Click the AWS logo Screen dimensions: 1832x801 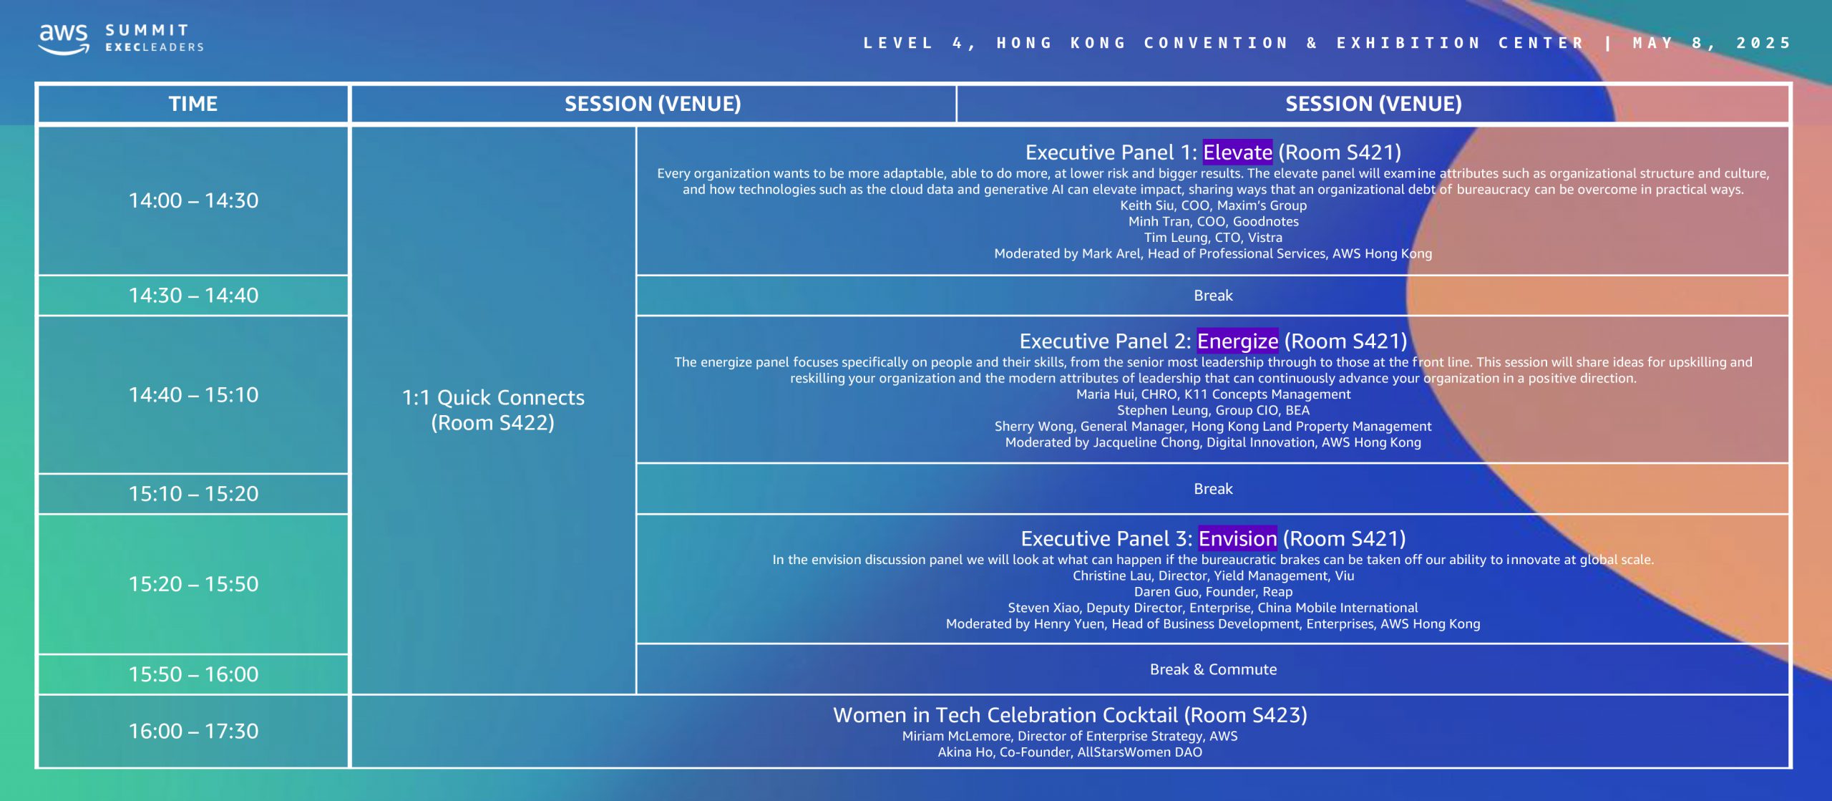pyautogui.click(x=64, y=39)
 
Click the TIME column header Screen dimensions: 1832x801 pyautogui.click(x=193, y=104)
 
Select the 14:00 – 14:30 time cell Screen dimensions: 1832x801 pyautogui.click(x=193, y=200)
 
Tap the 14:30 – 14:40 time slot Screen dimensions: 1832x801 pyautogui.click(x=193, y=296)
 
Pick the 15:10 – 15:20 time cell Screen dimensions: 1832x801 pyautogui.click(x=193, y=494)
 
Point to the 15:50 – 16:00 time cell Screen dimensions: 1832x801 pyautogui.click(x=193, y=674)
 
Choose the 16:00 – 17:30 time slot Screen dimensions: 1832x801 pyautogui.click(x=193, y=731)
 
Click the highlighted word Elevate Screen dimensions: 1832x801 pyautogui.click(x=1237, y=152)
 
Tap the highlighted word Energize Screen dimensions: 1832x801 pyautogui.click(x=1237, y=341)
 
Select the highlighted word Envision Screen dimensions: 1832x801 pyautogui.click(x=1237, y=538)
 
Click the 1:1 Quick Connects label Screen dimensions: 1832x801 pyautogui.click(x=493, y=397)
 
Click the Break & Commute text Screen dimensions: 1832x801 pyautogui.click(x=1213, y=669)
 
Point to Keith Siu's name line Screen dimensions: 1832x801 pyautogui.click(x=1213, y=205)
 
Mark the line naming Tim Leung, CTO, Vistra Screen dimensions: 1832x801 pyautogui.click(x=1213, y=238)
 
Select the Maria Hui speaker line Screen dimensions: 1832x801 pyautogui.click(x=1213, y=394)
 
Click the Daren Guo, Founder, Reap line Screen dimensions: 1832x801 pyautogui.click(x=1213, y=592)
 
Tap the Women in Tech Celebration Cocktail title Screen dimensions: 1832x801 pyautogui.click(x=1070, y=715)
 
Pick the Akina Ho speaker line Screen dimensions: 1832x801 pyautogui.click(x=1070, y=752)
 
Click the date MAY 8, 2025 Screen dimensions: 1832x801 pyautogui.click(x=1712, y=43)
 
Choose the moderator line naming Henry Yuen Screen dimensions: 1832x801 pyautogui.click(x=1213, y=624)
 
